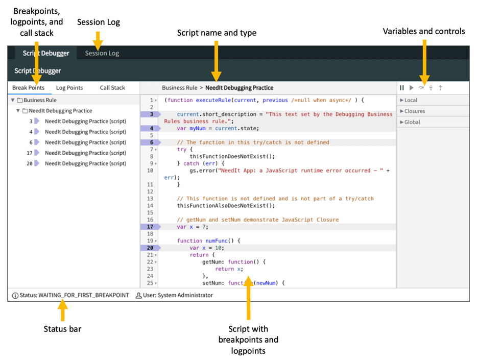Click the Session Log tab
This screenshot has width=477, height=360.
pos(102,53)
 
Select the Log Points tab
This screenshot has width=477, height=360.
pos(69,88)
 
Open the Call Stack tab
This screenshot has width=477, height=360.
pos(112,88)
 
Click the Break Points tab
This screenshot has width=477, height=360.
pos(29,88)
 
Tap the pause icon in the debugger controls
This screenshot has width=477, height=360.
pos(402,88)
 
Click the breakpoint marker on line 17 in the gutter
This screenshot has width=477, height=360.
pos(151,227)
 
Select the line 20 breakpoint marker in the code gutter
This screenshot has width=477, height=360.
pos(151,248)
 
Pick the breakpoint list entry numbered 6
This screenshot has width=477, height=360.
pos(85,142)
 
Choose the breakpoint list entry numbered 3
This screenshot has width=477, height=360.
pos(85,122)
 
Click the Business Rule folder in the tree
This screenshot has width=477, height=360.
pos(40,101)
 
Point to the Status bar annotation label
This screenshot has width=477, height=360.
pos(62,329)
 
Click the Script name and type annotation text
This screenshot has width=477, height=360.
pos(217,33)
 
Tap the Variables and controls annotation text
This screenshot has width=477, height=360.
pos(424,31)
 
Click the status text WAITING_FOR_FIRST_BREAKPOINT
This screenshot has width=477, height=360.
pos(83,295)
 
